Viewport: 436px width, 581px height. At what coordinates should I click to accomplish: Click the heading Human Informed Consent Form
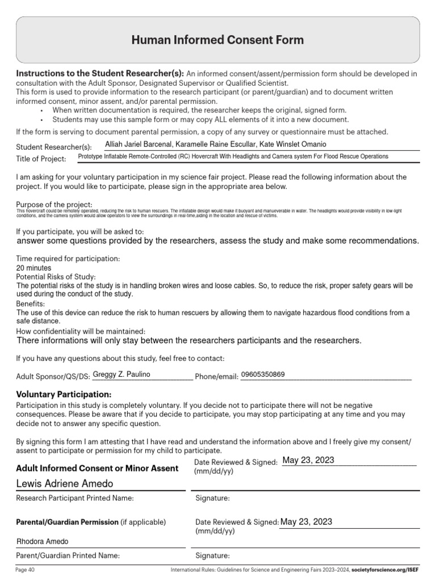pyautogui.click(x=217, y=40)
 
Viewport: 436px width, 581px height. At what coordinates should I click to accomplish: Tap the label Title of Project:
pyautogui.click(x=41, y=159)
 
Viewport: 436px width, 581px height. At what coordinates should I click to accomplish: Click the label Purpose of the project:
pyautogui.click(x=54, y=204)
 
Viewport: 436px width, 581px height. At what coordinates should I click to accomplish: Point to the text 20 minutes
pyautogui.click(x=33, y=268)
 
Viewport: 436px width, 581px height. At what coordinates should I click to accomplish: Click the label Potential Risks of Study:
pyautogui.click(x=56, y=276)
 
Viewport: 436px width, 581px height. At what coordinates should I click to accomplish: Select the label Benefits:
pyautogui.click(x=31, y=304)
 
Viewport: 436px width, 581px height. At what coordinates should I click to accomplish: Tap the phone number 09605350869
pyautogui.click(x=263, y=374)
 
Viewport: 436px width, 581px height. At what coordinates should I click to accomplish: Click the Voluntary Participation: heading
pyautogui.click(x=64, y=394)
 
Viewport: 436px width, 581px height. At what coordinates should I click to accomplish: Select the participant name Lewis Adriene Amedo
pyautogui.click(x=65, y=483)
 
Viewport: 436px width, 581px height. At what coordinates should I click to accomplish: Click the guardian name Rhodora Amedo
pyautogui.click(x=43, y=541)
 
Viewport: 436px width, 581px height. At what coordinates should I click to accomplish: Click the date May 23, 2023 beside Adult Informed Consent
pyautogui.click(x=308, y=460)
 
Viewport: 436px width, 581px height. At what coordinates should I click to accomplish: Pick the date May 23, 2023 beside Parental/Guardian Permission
pyautogui.click(x=307, y=521)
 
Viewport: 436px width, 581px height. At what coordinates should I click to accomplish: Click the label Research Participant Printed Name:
pyautogui.click(x=75, y=498)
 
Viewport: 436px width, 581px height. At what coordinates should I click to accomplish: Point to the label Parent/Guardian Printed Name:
pyautogui.click(x=68, y=555)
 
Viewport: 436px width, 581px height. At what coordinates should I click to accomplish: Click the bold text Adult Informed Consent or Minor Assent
pyautogui.click(x=97, y=468)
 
